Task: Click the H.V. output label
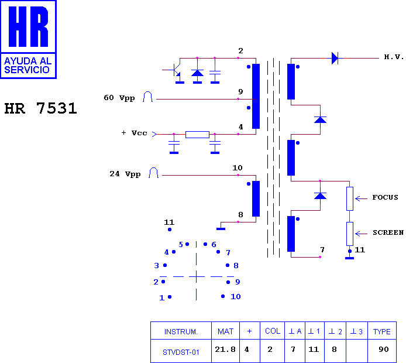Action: click(394, 57)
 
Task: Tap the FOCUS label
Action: click(385, 197)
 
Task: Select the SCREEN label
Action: click(388, 232)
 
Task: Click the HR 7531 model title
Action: click(40, 108)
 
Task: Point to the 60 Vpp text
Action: click(119, 98)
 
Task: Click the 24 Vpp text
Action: click(125, 174)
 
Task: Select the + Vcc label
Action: click(134, 133)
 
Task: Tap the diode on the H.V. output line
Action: click(335, 58)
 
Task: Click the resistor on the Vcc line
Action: click(197, 135)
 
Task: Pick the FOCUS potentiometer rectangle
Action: click(350, 198)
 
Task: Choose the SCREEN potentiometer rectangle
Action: click(350, 234)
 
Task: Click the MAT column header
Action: click(225, 331)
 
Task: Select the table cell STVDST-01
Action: click(181, 352)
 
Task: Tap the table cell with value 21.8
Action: click(225, 350)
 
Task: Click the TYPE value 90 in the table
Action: click(383, 350)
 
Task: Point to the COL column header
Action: click(273, 331)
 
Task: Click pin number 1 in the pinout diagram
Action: click(162, 297)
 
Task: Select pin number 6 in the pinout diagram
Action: click(214, 244)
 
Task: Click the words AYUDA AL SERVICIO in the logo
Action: click(27, 66)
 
